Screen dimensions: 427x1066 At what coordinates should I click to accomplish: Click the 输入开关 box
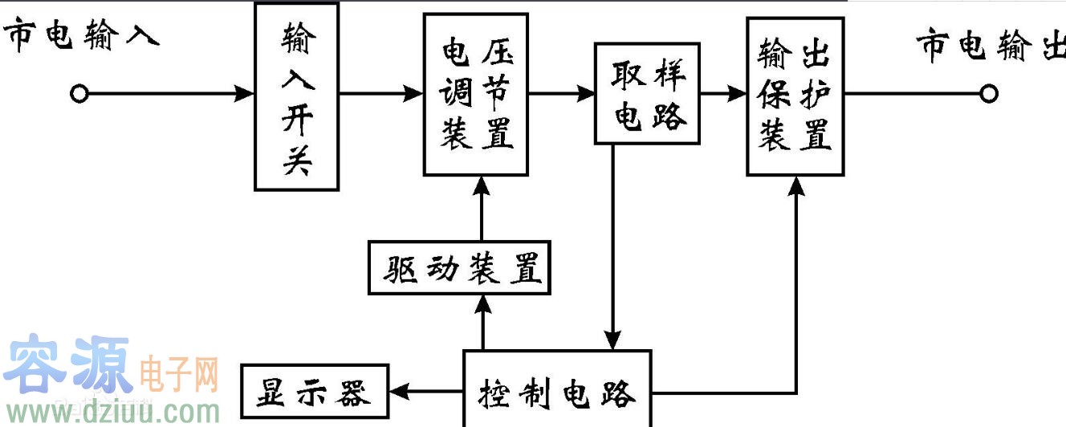click(x=296, y=96)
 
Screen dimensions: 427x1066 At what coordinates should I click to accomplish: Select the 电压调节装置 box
click(x=476, y=95)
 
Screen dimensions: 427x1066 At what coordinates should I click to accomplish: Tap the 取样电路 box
click(x=647, y=93)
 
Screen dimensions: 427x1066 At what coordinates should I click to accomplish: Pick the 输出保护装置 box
click(x=795, y=95)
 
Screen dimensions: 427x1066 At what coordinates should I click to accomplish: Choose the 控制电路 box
click(x=557, y=391)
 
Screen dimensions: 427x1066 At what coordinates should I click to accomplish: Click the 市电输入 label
click(x=81, y=37)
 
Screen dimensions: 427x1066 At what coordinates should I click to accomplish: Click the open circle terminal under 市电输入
click(x=79, y=94)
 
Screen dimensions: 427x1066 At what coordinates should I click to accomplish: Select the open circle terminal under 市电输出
click(x=989, y=94)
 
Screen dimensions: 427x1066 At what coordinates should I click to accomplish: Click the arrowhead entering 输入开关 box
click(x=245, y=94)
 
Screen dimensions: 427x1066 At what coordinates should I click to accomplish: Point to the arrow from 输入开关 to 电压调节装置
click(x=381, y=94)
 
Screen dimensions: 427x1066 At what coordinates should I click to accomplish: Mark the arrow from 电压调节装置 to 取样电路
click(x=562, y=93)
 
